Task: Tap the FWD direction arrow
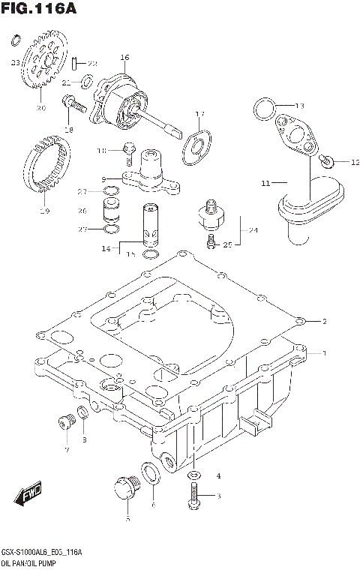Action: [x=28, y=496]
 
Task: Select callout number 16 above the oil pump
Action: [x=124, y=58]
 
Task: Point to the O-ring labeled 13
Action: [x=262, y=109]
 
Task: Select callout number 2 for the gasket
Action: [x=325, y=322]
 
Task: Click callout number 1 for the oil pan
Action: [x=325, y=352]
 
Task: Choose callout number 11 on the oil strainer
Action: [x=264, y=182]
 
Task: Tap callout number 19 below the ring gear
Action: [x=44, y=211]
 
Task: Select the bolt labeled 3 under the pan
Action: [x=194, y=493]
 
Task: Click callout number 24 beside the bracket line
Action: [x=253, y=230]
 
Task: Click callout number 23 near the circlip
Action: [x=14, y=63]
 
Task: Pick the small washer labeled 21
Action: [x=88, y=81]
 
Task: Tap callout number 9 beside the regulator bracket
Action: [x=105, y=178]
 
